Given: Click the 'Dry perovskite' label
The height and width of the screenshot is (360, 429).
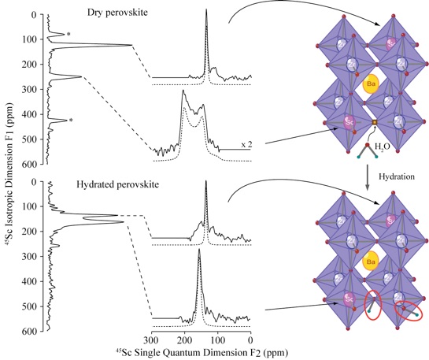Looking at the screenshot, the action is coord(117,13).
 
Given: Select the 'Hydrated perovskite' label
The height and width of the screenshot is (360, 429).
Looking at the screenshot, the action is coord(117,184).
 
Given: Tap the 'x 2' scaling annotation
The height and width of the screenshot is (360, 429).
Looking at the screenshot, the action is coord(246,144).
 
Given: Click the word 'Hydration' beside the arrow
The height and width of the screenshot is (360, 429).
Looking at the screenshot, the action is coord(397,176).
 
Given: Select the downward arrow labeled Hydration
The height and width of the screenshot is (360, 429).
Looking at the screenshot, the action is coord(368,177).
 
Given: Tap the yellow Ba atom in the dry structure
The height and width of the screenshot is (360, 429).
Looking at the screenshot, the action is coord(371,84).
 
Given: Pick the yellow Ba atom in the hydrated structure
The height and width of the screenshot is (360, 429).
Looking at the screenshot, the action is coord(371,262).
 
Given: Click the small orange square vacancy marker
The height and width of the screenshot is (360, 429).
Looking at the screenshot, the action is coord(375,122).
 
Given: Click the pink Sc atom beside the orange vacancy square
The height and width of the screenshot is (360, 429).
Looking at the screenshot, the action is coord(348,123).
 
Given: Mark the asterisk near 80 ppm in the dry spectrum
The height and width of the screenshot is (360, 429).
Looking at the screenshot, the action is coord(69,34).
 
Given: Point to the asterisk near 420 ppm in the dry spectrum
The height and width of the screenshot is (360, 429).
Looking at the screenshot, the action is coord(71,121).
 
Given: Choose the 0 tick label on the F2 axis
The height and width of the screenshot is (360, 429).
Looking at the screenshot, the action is coord(250,340).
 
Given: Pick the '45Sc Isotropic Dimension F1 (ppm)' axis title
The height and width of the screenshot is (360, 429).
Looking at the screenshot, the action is coord(11,173).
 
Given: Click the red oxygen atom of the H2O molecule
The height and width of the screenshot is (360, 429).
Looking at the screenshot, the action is coord(367,144).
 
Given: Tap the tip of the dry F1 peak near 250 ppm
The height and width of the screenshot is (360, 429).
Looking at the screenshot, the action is coord(82,76).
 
